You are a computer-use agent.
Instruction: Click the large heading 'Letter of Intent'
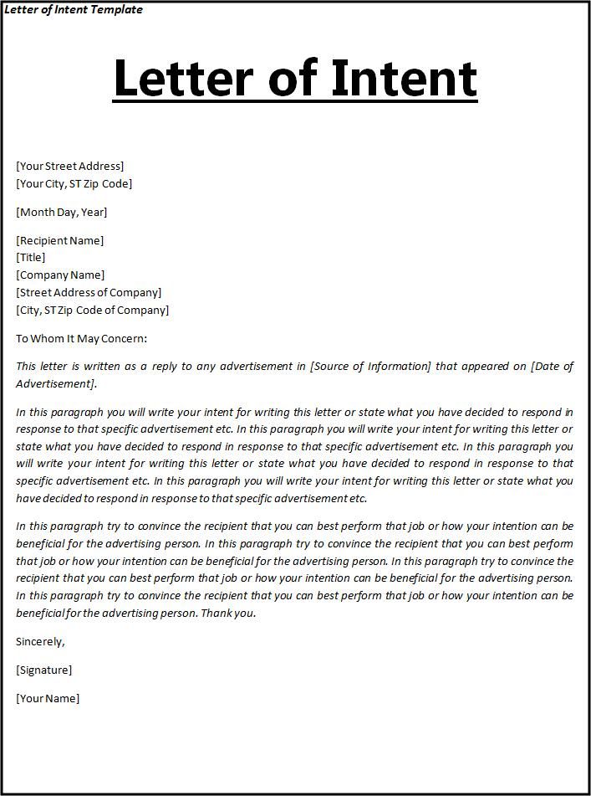pyautogui.click(x=295, y=78)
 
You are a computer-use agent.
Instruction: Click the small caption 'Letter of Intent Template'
pyautogui.click(x=74, y=9)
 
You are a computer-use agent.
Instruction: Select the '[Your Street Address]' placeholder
pyautogui.click(x=70, y=166)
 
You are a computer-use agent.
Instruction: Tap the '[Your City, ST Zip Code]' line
pyautogui.click(x=74, y=183)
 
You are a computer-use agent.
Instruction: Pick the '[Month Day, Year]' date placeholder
pyautogui.click(x=62, y=212)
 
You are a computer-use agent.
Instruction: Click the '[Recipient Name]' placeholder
pyautogui.click(x=60, y=240)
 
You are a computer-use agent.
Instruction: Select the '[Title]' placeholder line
pyautogui.click(x=31, y=257)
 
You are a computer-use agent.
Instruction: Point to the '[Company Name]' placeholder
pyautogui.click(x=60, y=275)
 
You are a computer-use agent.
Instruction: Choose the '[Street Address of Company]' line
pyautogui.click(x=89, y=292)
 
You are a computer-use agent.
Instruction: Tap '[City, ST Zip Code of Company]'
pyautogui.click(x=93, y=310)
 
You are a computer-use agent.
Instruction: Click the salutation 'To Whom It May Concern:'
pyautogui.click(x=82, y=338)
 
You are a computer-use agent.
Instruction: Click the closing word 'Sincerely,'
pyautogui.click(x=40, y=641)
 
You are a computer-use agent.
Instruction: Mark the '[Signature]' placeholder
pyautogui.click(x=44, y=670)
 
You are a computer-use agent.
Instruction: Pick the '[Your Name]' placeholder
pyautogui.click(x=48, y=698)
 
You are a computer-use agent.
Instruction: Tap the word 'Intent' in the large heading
pyautogui.click(x=404, y=78)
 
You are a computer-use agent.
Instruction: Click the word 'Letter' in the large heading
pyautogui.click(x=181, y=78)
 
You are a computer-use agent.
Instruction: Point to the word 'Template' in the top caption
pyautogui.click(x=118, y=9)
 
